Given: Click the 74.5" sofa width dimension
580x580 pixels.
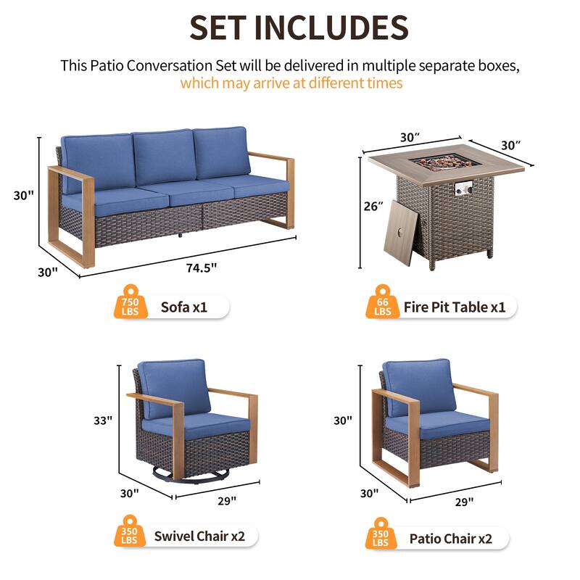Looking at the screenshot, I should (202, 267).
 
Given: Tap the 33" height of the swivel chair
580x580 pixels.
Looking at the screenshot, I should (103, 420).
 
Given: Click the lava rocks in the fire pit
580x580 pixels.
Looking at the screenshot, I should (446, 161).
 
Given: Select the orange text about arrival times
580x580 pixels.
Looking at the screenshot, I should (291, 83).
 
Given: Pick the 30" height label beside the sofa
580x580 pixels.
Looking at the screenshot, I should (23, 195).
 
